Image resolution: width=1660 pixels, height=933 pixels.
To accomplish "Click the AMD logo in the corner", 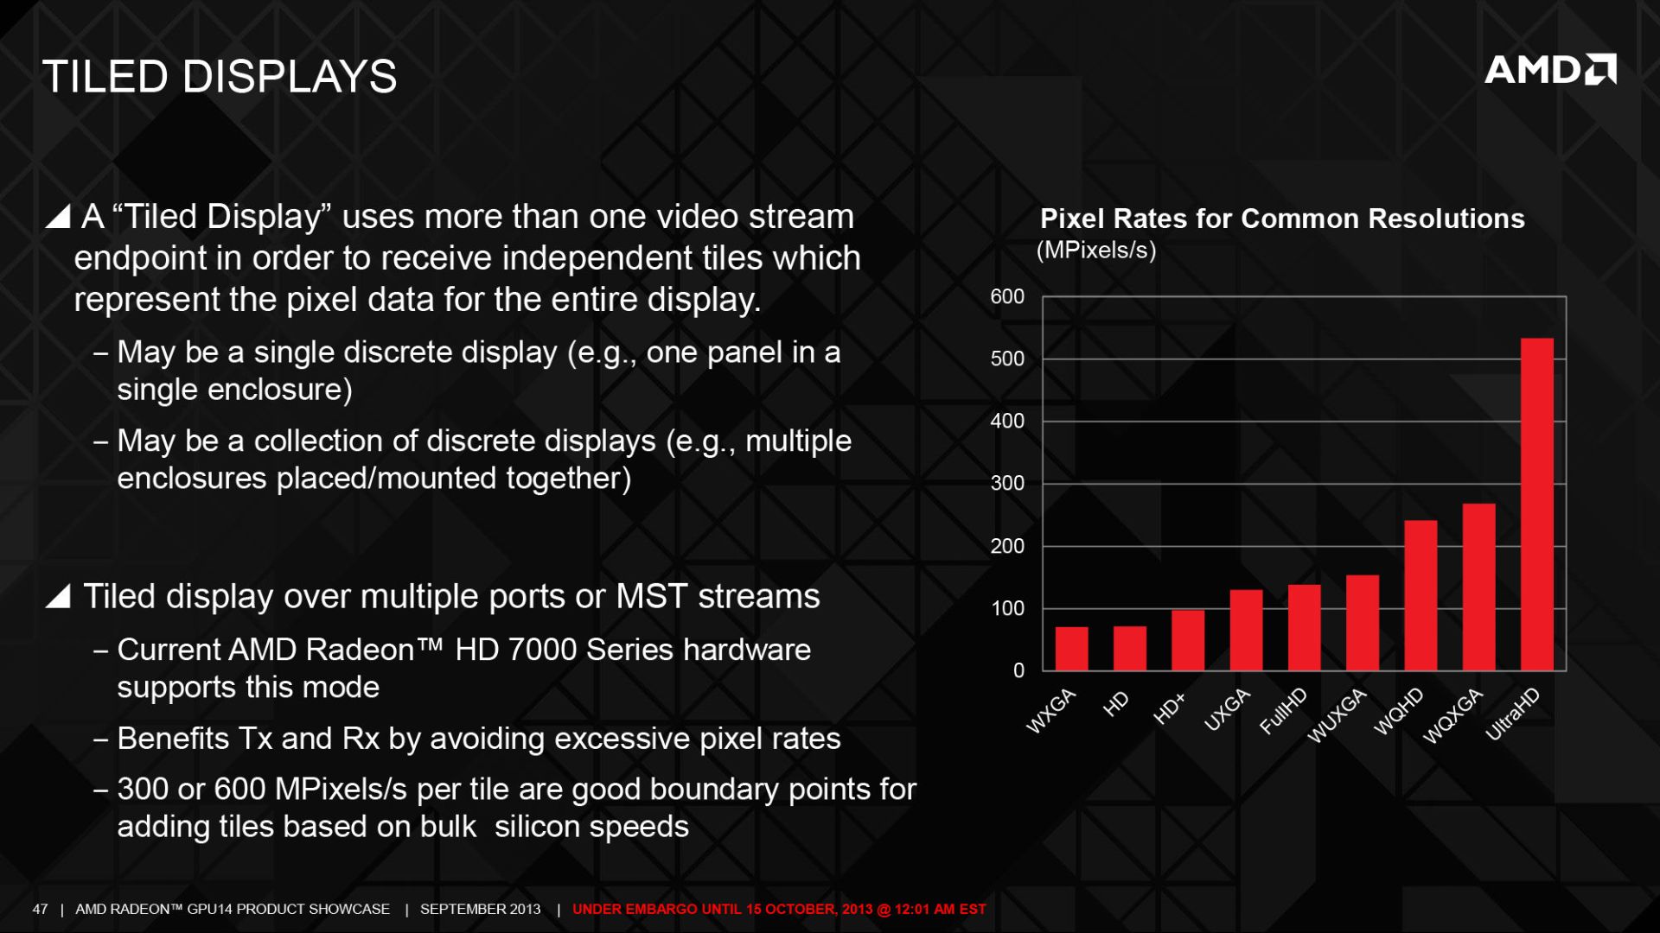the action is (1550, 70).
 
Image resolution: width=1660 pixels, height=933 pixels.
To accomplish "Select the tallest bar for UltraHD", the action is (1536, 504).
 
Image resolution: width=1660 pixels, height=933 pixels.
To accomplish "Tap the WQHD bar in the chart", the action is (1421, 595).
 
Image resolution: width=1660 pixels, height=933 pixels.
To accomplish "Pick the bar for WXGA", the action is (1072, 648).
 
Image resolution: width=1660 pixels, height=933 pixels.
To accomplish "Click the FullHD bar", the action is (1304, 627).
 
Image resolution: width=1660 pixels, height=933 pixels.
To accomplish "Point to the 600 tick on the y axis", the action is (1007, 296).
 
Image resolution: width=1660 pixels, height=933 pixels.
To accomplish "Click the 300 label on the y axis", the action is (1007, 483).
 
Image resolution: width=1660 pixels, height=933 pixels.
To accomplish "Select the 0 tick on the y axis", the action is (1018, 670).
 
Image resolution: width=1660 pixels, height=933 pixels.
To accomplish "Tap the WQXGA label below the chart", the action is (1453, 716).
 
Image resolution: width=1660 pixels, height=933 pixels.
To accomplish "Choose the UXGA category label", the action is (1227, 710).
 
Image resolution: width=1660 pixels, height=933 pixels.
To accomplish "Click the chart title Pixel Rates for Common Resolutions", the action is (1282, 219).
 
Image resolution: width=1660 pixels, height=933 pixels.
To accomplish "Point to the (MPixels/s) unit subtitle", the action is (1096, 251).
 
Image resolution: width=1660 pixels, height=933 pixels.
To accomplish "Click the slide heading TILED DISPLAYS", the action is (220, 76).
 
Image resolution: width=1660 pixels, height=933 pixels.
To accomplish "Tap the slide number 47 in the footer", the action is (40, 909).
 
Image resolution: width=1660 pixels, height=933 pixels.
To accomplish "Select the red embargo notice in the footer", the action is (779, 909).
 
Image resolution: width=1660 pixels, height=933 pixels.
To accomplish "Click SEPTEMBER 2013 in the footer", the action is (481, 909).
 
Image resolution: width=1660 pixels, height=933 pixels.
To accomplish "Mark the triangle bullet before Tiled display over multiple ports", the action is (58, 595).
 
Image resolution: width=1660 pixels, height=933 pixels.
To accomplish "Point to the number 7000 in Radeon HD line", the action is (543, 650).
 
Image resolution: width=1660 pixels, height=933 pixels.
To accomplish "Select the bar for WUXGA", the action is (1363, 623).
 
